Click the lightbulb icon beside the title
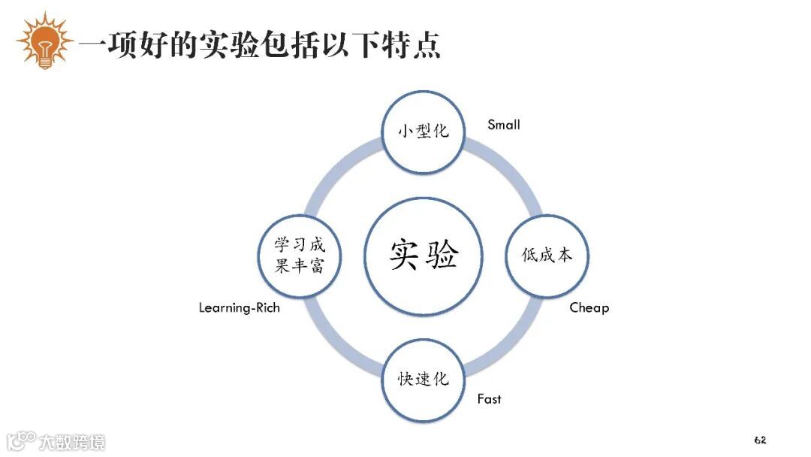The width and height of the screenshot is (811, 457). (x=44, y=41)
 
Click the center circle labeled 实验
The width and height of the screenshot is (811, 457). (x=424, y=256)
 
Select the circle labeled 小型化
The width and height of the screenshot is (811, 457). (x=424, y=131)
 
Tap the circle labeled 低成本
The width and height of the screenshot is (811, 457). (x=547, y=256)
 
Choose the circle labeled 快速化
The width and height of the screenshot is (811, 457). (x=424, y=380)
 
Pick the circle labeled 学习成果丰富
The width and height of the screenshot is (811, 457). (x=300, y=256)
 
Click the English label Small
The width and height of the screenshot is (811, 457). (x=503, y=125)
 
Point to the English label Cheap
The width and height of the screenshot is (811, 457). (x=589, y=307)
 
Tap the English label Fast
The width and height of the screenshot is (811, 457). (x=489, y=399)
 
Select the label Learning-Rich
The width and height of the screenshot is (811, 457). (x=239, y=307)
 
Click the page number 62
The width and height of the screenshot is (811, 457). (x=760, y=440)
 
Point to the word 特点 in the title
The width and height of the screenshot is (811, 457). (x=416, y=46)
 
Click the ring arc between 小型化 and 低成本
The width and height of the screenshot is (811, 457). (x=511, y=168)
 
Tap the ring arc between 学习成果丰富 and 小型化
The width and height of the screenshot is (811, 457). (x=336, y=168)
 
